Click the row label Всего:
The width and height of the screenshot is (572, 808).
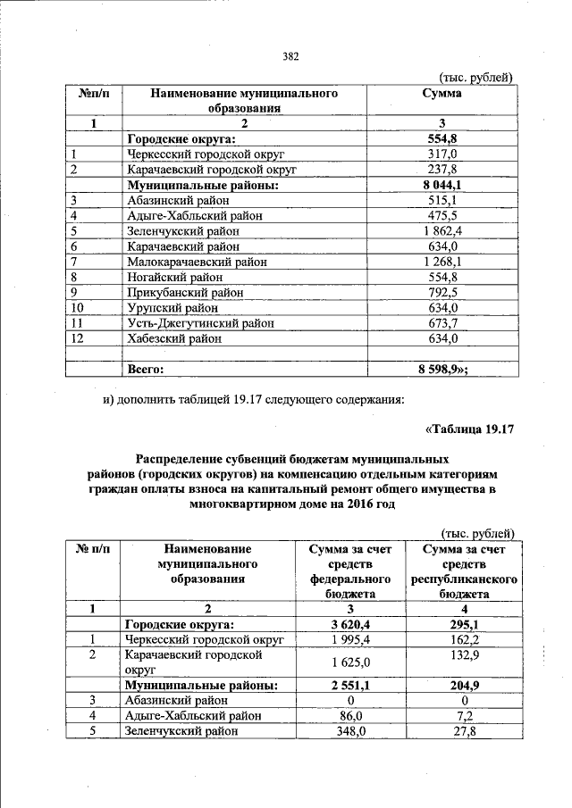pos(147,367)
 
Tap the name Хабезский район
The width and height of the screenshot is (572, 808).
pos(173,339)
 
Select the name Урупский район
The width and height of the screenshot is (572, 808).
pos(169,309)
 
